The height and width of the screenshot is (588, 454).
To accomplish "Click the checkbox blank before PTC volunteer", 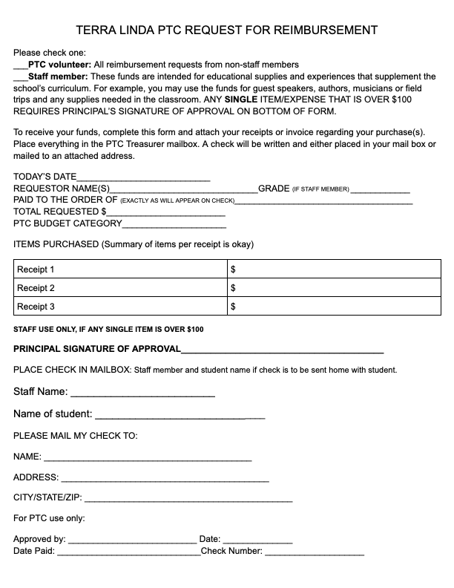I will pyautogui.click(x=20, y=65).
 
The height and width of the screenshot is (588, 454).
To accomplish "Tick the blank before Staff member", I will pyautogui.click(x=20, y=76).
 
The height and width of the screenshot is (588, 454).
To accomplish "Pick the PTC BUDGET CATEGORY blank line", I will pyautogui.click(x=174, y=223).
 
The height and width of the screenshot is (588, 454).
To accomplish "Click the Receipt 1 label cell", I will pyautogui.click(x=119, y=269).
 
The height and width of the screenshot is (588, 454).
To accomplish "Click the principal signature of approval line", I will pyautogui.click(x=283, y=350).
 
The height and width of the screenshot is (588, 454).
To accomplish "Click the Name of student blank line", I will pyautogui.click(x=180, y=415).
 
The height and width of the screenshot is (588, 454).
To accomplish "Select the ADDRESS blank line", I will pyautogui.click(x=164, y=478).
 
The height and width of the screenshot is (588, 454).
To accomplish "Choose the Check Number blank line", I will pyautogui.click(x=315, y=552).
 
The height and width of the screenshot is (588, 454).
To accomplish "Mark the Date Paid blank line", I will pyautogui.click(x=128, y=552).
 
